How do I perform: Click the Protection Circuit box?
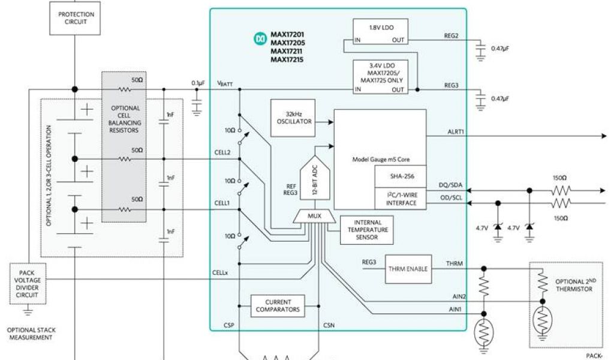tap(76, 18)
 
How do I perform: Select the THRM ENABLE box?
tap(408, 269)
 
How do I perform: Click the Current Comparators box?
tap(277, 305)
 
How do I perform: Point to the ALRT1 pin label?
tap(455, 131)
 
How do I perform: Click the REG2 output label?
tap(451, 36)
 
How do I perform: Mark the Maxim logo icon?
tap(260, 39)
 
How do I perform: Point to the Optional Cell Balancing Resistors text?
tap(125, 119)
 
